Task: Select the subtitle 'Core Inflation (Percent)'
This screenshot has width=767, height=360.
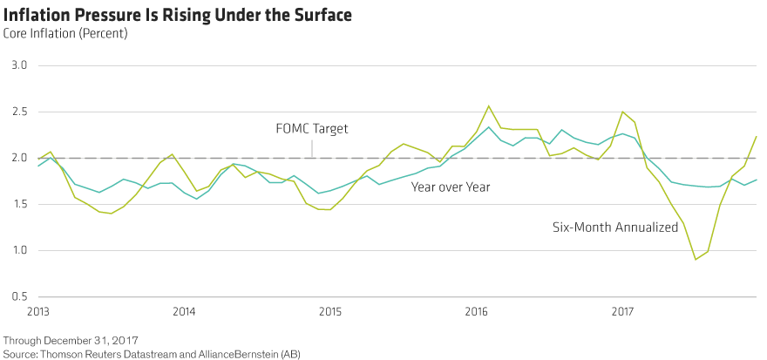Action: [x=66, y=35]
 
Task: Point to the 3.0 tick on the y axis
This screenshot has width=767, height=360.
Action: [x=20, y=65]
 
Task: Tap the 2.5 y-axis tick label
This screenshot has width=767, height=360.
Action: [x=20, y=112]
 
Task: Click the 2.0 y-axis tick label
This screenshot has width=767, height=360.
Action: [x=20, y=158]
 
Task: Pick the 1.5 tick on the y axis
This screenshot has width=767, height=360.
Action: [x=20, y=204]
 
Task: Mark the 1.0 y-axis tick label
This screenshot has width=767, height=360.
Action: [x=20, y=250]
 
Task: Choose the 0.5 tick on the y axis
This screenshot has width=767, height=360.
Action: [x=20, y=296]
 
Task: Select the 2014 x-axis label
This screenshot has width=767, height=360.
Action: [x=183, y=311]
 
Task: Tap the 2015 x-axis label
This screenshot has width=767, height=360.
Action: [x=329, y=311]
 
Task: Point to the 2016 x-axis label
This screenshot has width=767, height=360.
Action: [x=476, y=311]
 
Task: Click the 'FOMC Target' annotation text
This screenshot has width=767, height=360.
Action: [x=312, y=129]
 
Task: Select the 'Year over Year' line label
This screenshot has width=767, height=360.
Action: [x=451, y=186]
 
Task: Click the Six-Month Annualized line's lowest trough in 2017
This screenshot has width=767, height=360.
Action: [x=696, y=259]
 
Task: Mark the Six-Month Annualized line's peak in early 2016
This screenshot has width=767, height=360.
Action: [x=488, y=106]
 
